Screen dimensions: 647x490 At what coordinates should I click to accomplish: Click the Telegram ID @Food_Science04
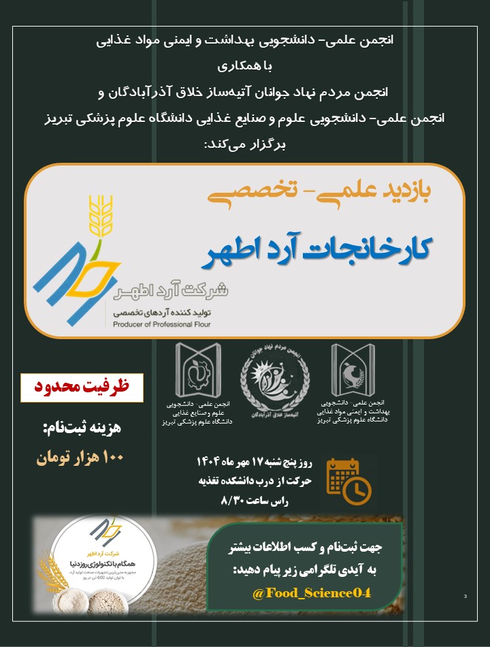click(311, 593)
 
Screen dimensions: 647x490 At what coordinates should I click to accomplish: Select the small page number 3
click(465, 597)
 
